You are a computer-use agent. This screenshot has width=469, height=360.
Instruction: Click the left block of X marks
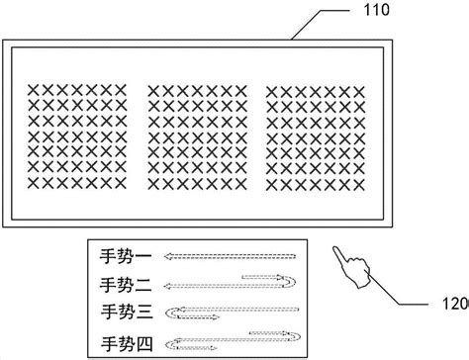[78, 137]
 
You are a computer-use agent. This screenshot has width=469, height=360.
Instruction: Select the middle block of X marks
[196, 137]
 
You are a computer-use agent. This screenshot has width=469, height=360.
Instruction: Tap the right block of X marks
[315, 137]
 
